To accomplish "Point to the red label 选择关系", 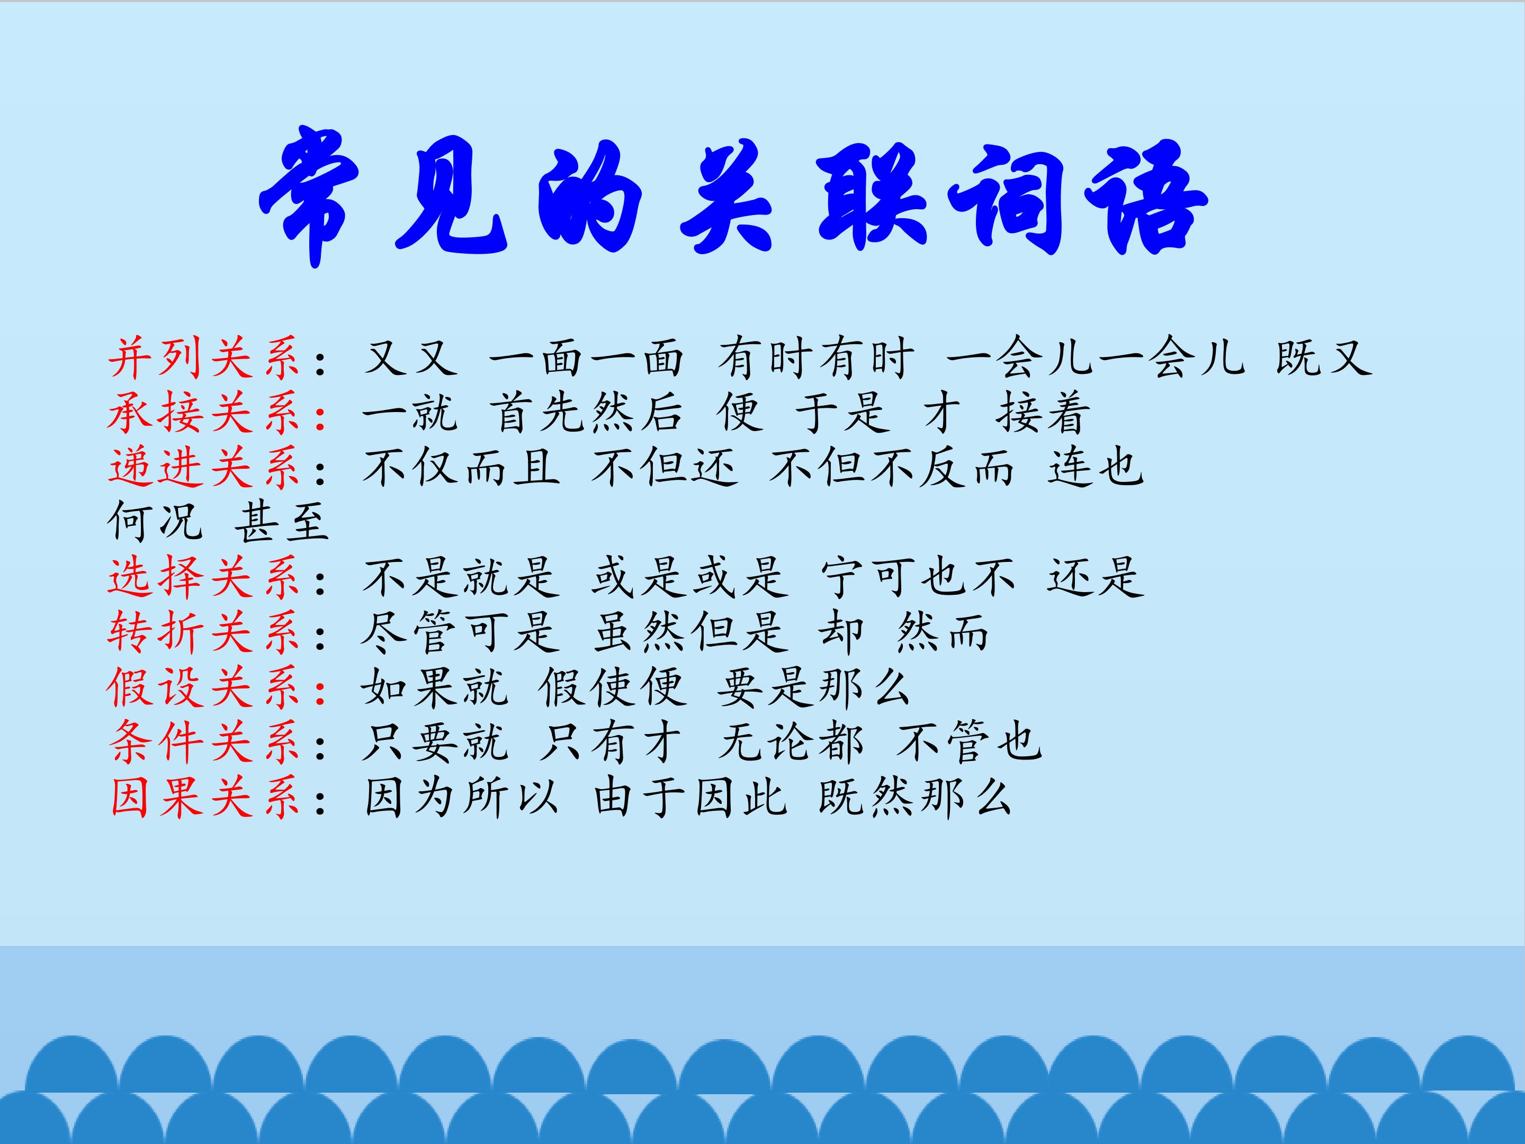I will (x=204, y=578).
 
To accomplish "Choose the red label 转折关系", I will (x=204, y=632).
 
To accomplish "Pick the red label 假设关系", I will (x=204, y=687).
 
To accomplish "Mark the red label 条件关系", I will (x=204, y=743).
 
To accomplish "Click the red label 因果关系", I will (x=204, y=797).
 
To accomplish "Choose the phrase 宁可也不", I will (x=917, y=578).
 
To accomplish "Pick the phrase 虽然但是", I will (x=689, y=632).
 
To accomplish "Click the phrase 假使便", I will (x=612, y=687).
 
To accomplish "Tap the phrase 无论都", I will (x=790, y=743).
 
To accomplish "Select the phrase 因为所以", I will (x=461, y=797).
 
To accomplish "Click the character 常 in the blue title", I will (x=310, y=193).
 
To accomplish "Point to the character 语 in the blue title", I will (x=1144, y=196).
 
